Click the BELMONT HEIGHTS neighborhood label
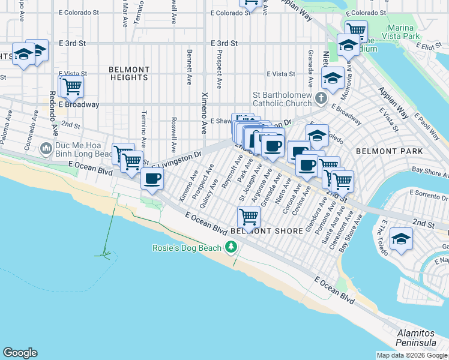(129, 74)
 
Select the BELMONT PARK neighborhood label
(390, 151)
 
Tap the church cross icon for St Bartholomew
(322, 98)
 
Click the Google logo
(20, 353)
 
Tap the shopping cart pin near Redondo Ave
(71, 86)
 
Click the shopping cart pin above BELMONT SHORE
(249, 215)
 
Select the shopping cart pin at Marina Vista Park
(355, 29)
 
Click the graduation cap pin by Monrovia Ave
(333, 77)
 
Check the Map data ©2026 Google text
(411, 355)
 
